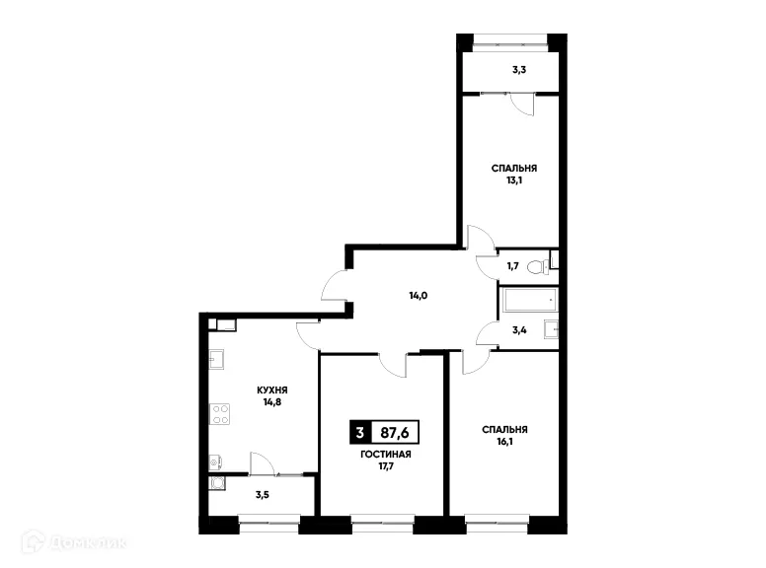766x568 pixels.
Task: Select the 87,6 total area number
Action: [395, 432]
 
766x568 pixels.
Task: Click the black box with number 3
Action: [359, 432]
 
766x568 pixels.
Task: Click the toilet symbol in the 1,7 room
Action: [535, 266]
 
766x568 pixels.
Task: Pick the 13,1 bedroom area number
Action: [513, 180]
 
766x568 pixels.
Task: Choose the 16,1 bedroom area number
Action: [503, 443]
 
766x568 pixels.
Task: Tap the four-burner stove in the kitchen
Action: [219, 413]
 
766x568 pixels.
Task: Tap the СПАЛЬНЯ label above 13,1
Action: [513, 169]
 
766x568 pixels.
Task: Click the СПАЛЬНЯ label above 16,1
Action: [503, 430]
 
